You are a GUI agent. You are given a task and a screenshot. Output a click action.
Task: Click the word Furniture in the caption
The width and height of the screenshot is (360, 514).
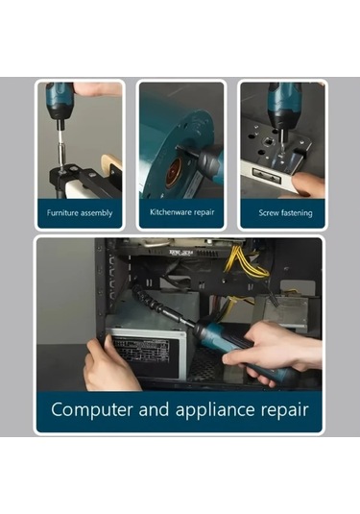click(x=62, y=212)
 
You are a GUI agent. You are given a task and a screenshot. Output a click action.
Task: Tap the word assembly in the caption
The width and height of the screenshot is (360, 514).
click(x=96, y=213)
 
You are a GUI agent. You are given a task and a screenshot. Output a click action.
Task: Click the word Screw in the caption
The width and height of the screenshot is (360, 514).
click(x=268, y=212)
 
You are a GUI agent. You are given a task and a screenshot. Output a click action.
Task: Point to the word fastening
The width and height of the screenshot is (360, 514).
click(x=296, y=213)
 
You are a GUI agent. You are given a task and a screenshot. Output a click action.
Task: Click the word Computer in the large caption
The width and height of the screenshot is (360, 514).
click(x=92, y=409)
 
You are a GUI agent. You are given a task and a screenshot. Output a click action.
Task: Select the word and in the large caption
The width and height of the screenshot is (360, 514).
click(x=154, y=409)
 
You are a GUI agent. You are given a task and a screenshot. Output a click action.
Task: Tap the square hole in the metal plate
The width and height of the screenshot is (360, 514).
click(x=269, y=141)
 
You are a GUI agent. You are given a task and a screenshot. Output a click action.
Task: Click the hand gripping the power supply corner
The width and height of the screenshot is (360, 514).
click(x=108, y=365)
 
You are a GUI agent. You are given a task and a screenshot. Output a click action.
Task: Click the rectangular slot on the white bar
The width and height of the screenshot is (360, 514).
click(x=267, y=176)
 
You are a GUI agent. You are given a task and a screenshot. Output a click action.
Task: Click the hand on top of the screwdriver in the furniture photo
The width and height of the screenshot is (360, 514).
click(x=97, y=89)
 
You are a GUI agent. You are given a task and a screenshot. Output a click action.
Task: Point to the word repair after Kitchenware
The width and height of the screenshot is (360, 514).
click(x=204, y=212)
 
